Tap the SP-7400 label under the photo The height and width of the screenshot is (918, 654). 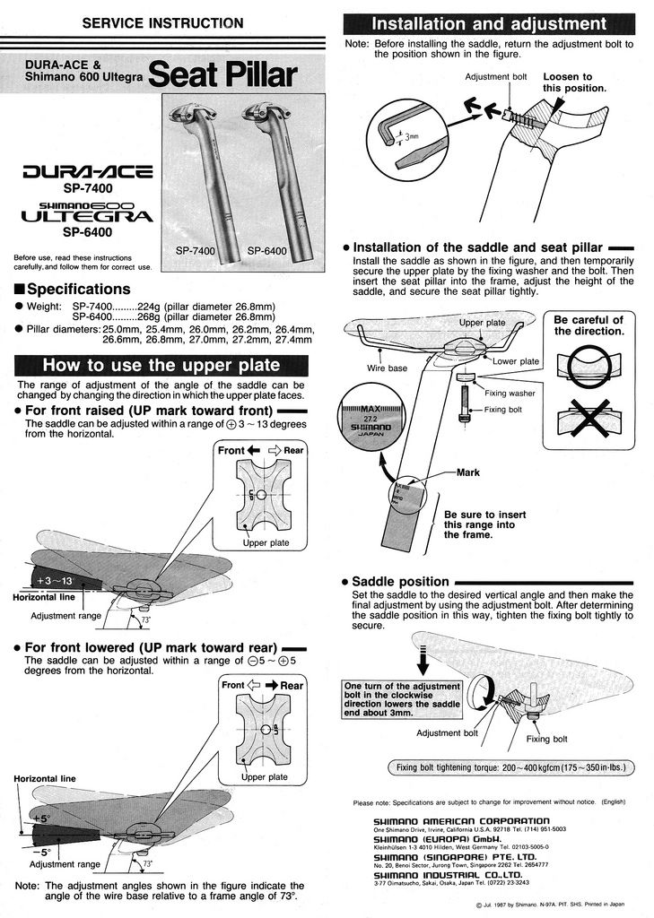click(x=195, y=251)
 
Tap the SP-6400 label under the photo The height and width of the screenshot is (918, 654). click(x=266, y=251)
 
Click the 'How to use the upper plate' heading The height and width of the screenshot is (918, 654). click(x=161, y=366)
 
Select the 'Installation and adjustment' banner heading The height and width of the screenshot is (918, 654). click(x=489, y=23)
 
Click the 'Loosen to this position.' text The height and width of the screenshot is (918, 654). click(x=574, y=82)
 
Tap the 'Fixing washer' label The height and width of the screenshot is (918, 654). click(x=510, y=393)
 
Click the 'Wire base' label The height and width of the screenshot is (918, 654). click(x=388, y=368)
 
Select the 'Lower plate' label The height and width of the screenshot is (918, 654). click(x=516, y=361)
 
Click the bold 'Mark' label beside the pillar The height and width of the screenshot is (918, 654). click(x=468, y=472)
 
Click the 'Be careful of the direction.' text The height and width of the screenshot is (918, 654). click(x=588, y=325)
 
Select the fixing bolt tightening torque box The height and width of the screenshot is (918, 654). click(x=510, y=767)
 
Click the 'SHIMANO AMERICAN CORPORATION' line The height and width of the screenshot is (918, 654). click(x=461, y=820)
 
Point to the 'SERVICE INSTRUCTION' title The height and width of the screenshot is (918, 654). click(x=161, y=22)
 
